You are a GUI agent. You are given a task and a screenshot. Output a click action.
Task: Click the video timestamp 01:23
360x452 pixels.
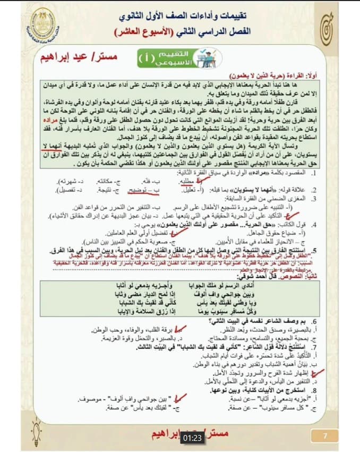coord(193,438)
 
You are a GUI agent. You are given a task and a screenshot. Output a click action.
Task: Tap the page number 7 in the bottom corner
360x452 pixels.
coord(326,436)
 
